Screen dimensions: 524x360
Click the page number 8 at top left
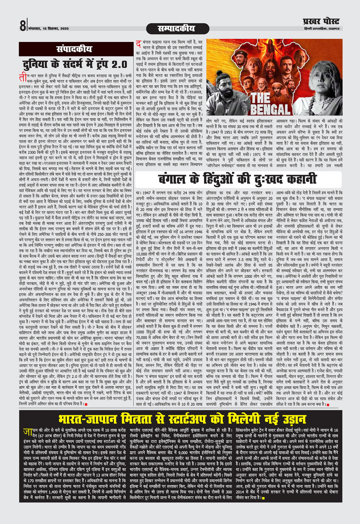coord(23,26)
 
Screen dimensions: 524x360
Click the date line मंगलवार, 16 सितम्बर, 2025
coord(48,29)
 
